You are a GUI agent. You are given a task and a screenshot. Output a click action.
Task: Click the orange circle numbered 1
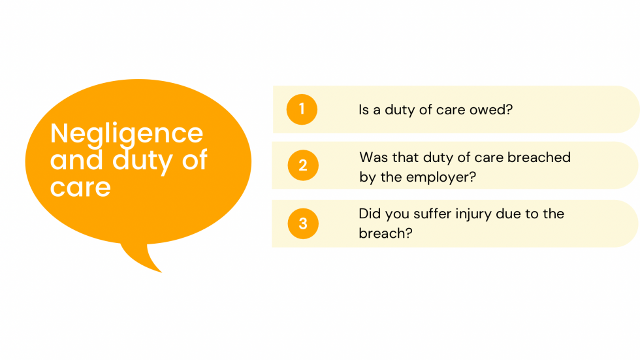302,109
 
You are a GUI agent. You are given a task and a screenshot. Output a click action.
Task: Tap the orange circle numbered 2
303,166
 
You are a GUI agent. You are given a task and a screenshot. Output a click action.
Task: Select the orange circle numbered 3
303,223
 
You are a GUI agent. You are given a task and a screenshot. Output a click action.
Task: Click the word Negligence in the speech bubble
127,134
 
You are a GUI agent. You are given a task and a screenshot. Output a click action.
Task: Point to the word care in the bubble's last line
80,188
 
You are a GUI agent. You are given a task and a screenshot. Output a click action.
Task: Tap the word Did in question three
370,214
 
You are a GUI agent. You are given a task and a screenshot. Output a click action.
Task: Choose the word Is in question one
364,110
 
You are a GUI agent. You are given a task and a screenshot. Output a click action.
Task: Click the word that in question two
406,157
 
